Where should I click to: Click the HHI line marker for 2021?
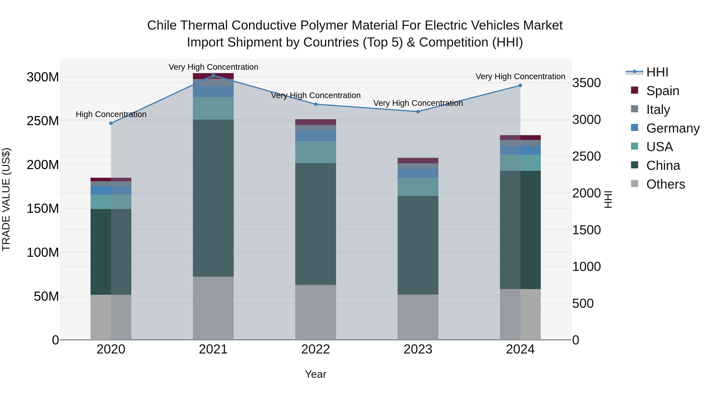point(213,75)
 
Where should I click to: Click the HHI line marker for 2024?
point(520,85)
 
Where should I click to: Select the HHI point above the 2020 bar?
point(111,123)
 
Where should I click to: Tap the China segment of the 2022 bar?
point(316,224)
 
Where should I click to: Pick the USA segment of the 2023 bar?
point(418,187)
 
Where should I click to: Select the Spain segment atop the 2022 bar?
point(316,122)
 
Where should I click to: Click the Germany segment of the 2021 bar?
point(213,91)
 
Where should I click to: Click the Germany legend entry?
point(673,128)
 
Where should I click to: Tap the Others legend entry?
point(665,184)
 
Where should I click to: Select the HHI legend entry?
point(657,72)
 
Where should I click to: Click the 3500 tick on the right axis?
point(587,83)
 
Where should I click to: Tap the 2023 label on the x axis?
point(418,349)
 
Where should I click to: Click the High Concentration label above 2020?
point(111,114)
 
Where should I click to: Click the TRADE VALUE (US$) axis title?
point(6,199)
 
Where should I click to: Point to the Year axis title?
point(315,374)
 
